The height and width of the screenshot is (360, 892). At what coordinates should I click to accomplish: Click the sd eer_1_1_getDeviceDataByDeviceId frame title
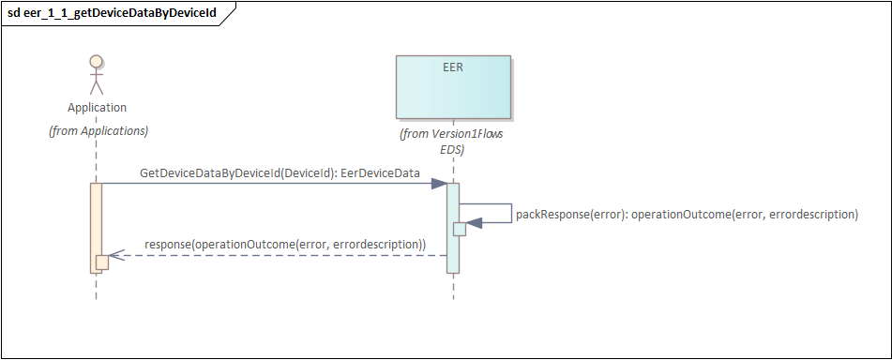tap(112, 13)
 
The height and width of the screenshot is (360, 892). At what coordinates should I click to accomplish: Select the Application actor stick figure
tap(96, 74)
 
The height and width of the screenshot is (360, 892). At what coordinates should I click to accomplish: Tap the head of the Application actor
tap(96, 61)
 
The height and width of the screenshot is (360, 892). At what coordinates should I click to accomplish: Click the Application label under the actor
tap(97, 108)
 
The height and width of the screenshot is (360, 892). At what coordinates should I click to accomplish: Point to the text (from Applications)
tap(98, 131)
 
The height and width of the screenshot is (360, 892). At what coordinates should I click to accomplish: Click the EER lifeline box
tap(453, 86)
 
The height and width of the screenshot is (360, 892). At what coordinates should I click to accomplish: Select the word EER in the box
tap(453, 67)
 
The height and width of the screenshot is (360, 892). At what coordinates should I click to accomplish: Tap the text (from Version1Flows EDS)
tap(452, 142)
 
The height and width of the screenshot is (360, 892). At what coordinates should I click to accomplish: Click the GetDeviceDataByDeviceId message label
tap(280, 173)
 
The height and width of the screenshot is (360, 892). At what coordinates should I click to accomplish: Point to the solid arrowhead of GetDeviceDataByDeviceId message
tap(439, 183)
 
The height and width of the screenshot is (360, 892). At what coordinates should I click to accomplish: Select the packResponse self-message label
tap(687, 215)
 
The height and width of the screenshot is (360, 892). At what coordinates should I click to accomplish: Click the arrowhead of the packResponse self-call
tap(474, 222)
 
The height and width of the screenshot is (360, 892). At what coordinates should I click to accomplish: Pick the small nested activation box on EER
tap(459, 229)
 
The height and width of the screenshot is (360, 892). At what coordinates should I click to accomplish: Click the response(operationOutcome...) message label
tap(285, 245)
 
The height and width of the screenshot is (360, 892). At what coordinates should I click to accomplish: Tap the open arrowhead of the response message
tap(116, 255)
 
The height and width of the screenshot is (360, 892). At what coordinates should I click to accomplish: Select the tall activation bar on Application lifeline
tap(96, 228)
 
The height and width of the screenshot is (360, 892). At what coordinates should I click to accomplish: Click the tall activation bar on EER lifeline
tap(453, 228)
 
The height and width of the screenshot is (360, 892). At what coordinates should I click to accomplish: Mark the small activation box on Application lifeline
tap(102, 262)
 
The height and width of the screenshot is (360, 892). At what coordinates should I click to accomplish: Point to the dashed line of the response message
tap(278, 255)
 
